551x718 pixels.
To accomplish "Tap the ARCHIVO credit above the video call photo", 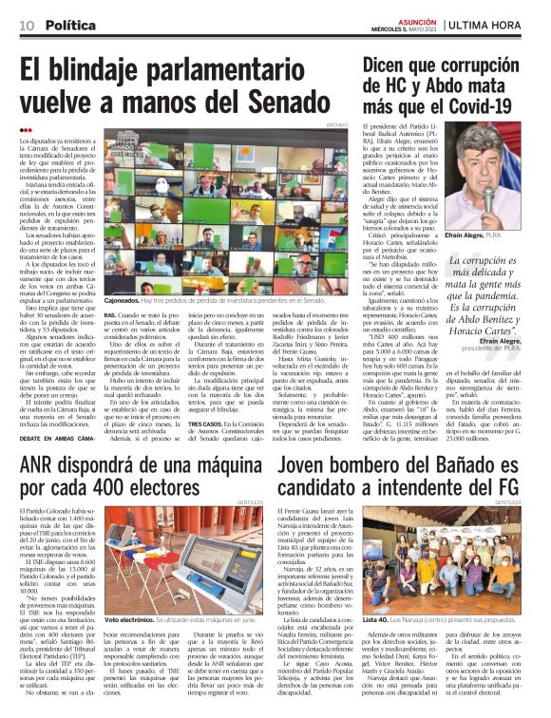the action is pos(337,126).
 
